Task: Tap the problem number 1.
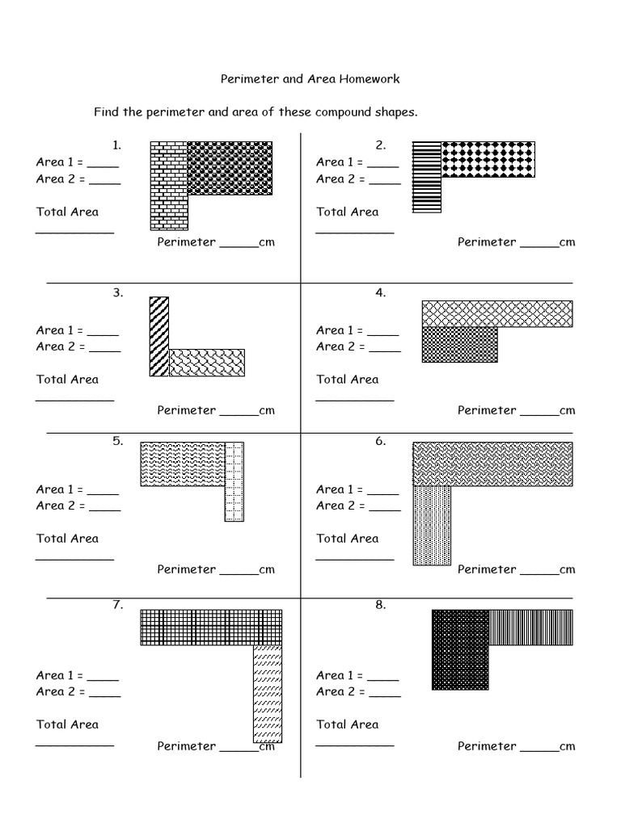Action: (x=117, y=145)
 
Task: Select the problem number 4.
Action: (x=381, y=293)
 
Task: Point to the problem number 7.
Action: (x=117, y=604)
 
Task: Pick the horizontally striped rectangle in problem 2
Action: (x=427, y=176)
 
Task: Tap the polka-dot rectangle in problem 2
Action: (x=488, y=159)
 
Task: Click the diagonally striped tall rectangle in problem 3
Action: (x=159, y=336)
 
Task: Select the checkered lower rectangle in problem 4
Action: (x=459, y=344)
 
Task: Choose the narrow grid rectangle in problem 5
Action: (x=234, y=481)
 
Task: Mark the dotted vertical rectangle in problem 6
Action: (x=432, y=524)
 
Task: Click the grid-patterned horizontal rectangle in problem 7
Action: (x=211, y=627)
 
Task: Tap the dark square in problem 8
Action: (x=460, y=649)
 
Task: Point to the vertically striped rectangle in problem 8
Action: (x=530, y=627)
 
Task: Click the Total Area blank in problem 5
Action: (x=74, y=557)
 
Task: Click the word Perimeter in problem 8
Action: (x=487, y=745)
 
